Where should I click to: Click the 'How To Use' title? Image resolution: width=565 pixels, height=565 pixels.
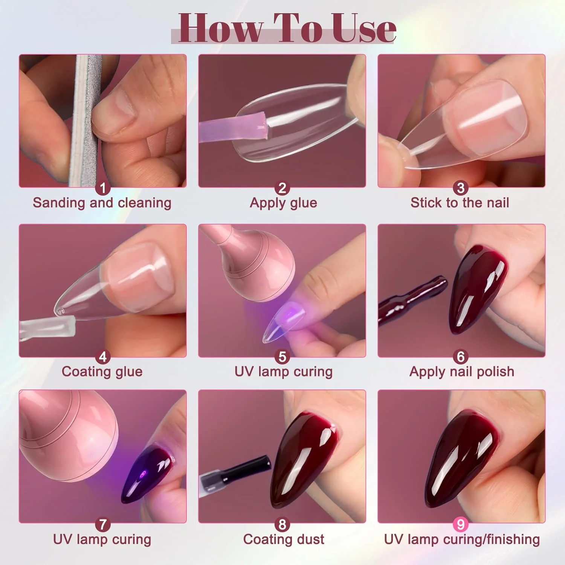coord(287,28)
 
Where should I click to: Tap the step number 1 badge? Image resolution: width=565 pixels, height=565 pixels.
coord(102,188)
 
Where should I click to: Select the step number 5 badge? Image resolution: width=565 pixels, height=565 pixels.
coord(282,357)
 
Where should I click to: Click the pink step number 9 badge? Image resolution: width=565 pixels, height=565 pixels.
coord(460,524)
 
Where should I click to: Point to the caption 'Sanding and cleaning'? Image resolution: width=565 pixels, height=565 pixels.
coord(102,203)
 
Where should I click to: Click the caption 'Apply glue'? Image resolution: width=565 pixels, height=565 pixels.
coord(283,203)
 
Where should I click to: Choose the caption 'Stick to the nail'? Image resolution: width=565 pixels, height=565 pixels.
coord(460,203)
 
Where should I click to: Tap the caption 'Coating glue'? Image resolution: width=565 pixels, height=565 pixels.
coord(102,372)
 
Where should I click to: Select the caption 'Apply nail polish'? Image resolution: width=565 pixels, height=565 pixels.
coord(462,372)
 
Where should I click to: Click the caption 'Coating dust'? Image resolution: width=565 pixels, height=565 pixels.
coord(284,539)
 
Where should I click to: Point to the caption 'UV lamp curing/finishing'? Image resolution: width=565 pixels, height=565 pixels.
coord(462,539)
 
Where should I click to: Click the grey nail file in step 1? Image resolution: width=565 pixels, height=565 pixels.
coord(83,121)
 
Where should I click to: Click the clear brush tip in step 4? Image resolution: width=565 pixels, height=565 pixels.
coord(47,327)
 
